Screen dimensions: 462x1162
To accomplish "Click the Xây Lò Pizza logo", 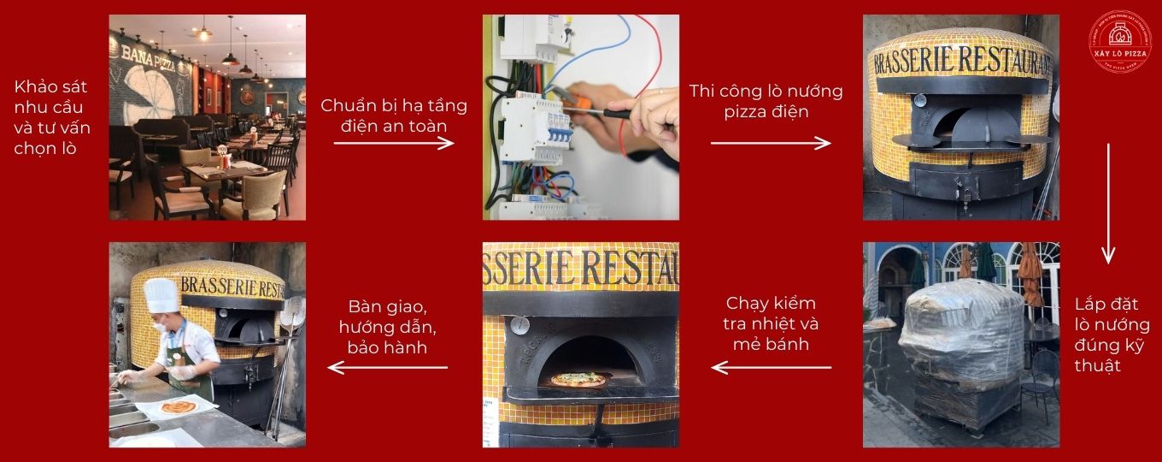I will (1119, 41).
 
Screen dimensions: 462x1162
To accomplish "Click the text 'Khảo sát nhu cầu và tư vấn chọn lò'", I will (52, 117).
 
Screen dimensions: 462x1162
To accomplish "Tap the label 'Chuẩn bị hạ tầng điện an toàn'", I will (394, 115).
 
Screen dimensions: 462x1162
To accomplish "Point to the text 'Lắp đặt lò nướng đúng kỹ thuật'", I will (1112, 335).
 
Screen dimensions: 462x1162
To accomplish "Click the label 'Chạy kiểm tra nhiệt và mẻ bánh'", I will (772, 323).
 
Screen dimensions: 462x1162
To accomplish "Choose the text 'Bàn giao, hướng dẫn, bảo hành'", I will (388, 327).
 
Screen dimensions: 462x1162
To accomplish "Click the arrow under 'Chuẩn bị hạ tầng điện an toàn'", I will (394, 143).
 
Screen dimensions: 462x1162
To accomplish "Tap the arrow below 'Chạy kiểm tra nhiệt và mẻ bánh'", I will (772, 368).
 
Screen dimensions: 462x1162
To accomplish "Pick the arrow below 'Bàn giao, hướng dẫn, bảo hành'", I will (388, 368).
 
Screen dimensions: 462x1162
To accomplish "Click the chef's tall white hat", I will (161, 296).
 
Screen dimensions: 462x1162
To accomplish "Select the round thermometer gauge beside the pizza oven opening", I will (520, 325).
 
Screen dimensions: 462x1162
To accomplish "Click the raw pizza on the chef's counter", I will (178, 406).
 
